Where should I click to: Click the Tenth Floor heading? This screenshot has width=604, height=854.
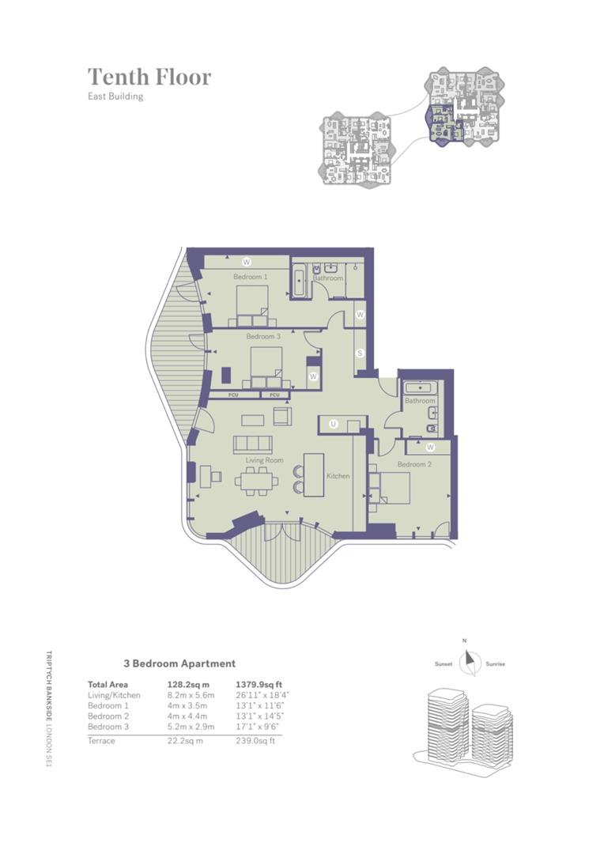coord(149,77)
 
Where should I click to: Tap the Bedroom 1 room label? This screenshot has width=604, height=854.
coord(250,277)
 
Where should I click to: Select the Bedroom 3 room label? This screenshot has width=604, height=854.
coord(263,337)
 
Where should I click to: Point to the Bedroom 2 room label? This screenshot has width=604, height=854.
coord(414,464)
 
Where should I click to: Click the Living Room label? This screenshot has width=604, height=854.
coord(264,459)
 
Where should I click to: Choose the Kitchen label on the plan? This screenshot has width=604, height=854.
coord(338,476)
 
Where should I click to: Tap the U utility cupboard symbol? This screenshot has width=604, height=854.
coord(334,425)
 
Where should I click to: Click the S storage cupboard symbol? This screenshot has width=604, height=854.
coord(360,353)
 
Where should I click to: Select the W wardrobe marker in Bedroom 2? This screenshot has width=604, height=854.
coord(430,447)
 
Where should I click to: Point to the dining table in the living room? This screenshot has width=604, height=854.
coord(255,479)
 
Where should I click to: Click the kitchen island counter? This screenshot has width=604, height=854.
coord(314,474)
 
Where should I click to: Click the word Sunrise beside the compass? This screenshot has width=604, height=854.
coord(496,664)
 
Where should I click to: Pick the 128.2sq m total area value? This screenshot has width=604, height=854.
coord(188,685)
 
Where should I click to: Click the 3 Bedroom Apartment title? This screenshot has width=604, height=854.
coord(179,664)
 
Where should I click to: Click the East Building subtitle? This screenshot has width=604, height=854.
coord(115,97)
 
